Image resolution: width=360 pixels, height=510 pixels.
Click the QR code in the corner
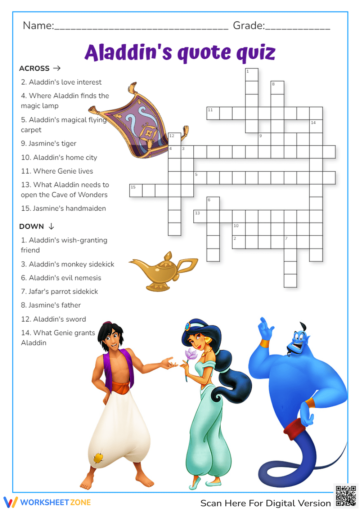tap(346, 496)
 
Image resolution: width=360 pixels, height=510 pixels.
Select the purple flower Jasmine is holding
tap(191, 354)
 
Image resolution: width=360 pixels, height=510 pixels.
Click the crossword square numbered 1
tap(252, 75)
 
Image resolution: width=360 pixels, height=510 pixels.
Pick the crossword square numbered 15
tap(136, 191)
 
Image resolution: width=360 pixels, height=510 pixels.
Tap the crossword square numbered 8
tap(277, 88)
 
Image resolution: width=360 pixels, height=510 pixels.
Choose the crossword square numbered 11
tap(213, 113)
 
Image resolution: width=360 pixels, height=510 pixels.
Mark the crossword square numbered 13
tap(200, 216)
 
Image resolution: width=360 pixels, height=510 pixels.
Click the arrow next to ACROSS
tap(57, 68)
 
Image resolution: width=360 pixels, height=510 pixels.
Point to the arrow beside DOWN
tap(51, 226)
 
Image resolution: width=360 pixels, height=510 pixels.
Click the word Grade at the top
tap(248, 26)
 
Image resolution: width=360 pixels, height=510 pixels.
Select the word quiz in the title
tap(256, 53)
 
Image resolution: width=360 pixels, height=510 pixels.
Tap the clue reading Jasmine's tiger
tap(49, 143)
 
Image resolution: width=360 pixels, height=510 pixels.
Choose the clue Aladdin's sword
tap(54, 319)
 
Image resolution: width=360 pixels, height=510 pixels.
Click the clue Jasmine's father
tap(51, 305)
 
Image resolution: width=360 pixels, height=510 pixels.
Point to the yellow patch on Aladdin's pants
tap(98, 458)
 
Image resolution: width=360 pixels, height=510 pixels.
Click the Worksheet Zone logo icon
tap(10, 502)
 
